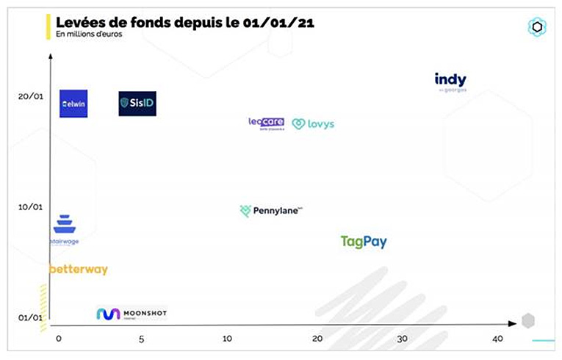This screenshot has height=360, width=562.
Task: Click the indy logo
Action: tap(450, 81)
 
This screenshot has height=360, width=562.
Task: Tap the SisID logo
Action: tap(137, 104)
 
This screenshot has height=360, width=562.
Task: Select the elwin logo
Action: tap(73, 104)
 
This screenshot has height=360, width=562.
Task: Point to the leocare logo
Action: tap(266, 123)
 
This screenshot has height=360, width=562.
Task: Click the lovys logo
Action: tap(313, 124)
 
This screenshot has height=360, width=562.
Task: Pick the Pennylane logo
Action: tap(271, 211)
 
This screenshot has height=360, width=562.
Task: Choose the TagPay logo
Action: tap(364, 242)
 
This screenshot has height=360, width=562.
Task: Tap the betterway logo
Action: tap(79, 270)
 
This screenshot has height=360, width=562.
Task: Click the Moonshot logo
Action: tap(132, 314)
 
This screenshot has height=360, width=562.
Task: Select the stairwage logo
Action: tap(64, 228)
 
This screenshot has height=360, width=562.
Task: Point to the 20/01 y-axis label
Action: tap(29, 97)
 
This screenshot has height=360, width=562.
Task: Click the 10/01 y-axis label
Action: tap(29, 207)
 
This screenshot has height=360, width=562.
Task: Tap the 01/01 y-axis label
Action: tap(29, 317)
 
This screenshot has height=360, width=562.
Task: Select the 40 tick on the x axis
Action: tap(497, 338)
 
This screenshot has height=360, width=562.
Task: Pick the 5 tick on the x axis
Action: tap(141, 338)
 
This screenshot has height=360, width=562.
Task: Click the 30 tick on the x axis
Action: tap(402, 338)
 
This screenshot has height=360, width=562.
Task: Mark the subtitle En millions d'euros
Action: tap(89, 33)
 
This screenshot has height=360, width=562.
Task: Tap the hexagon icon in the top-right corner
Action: tap(537, 26)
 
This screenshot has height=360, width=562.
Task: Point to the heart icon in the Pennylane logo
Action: tap(245, 211)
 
